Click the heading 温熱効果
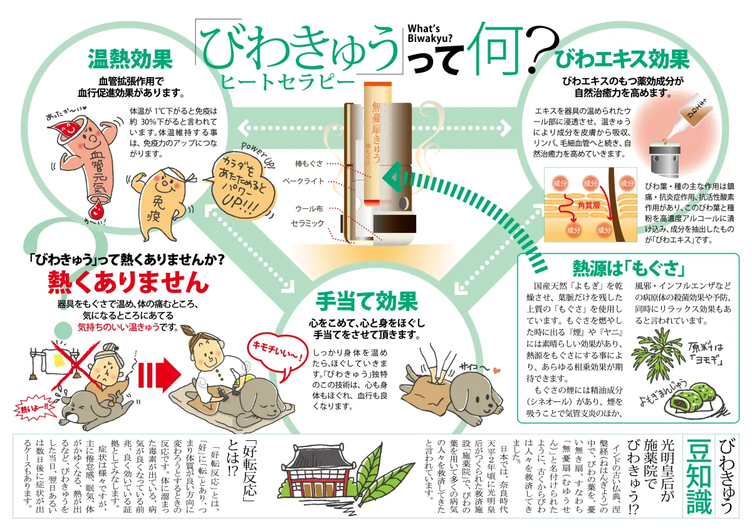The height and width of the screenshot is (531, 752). [130, 59]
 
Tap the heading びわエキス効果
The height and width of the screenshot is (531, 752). [622, 59]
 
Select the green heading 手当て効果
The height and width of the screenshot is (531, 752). [367, 301]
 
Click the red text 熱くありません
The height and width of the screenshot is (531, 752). [128, 282]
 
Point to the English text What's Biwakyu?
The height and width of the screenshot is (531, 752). [430, 34]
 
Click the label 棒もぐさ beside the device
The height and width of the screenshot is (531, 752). [309, 163]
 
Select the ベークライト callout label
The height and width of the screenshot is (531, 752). [303, 182]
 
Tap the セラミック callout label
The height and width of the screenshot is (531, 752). [308, 224]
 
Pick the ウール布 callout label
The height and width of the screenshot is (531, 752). [309, 209]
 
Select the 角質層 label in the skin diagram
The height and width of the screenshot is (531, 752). [589, 205]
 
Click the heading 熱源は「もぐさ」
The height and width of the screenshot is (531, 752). [628, 269]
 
